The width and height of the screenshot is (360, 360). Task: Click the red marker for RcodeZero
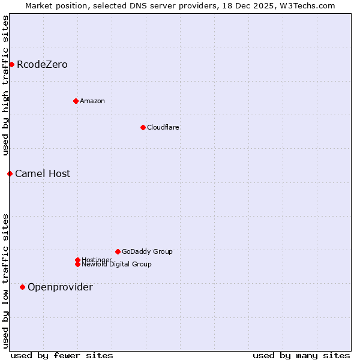[11, 64]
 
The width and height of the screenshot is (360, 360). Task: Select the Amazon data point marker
[76, 101]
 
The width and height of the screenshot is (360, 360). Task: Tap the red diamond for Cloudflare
[143, 127]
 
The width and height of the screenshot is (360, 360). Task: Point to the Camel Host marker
[10, 173]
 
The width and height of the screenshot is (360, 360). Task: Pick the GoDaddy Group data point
[118, 251]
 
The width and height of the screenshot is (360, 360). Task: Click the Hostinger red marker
[77, 260]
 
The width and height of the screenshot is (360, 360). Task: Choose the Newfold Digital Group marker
[77, 264]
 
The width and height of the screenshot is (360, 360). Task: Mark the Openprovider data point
[22, 287]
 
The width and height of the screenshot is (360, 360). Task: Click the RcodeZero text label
[42, 64]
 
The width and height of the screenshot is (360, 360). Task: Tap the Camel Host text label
[43, 173]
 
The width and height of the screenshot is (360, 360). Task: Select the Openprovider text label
[60, 287]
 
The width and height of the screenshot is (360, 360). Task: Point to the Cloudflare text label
[163, 127]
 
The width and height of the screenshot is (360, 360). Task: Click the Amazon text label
[92, 101]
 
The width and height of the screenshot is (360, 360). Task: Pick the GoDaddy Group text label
[147, 251]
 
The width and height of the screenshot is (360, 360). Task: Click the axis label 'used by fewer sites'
[62, 355]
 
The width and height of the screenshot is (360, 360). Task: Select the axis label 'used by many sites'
[301, 355]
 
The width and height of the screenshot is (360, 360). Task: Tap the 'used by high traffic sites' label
[5, 85]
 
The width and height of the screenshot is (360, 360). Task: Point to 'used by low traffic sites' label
[5, 281]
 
